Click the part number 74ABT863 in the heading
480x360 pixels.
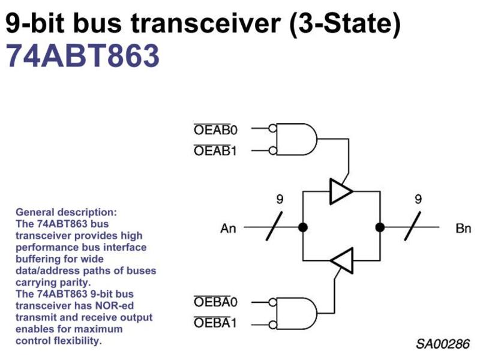coord(83,56)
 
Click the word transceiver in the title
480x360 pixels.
coord(206,23)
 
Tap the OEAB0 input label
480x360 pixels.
coord(215,130)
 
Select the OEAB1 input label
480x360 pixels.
coord(215,151)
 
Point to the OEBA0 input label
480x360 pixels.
coord(215,302)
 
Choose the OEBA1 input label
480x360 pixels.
coord(215,323)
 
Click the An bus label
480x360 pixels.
coord(228,229)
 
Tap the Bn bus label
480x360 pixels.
coord(463,229)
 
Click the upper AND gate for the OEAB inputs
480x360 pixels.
coord(296,139)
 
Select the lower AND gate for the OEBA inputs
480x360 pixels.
coord(296,313)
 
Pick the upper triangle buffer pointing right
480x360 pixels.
coord(341,191)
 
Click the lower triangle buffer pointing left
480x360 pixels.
coord(341,260)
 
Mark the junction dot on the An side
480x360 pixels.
coord(303,227)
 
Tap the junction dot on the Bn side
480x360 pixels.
coord(380,227)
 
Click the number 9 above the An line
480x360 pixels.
coord(280,199)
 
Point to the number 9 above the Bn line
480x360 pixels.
coord(418,199)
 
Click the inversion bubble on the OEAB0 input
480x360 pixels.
coord(272,128)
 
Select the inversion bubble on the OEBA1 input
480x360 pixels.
coord(272,325)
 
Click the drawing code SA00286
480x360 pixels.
coord(443,344)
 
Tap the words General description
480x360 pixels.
coord(66,212)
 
